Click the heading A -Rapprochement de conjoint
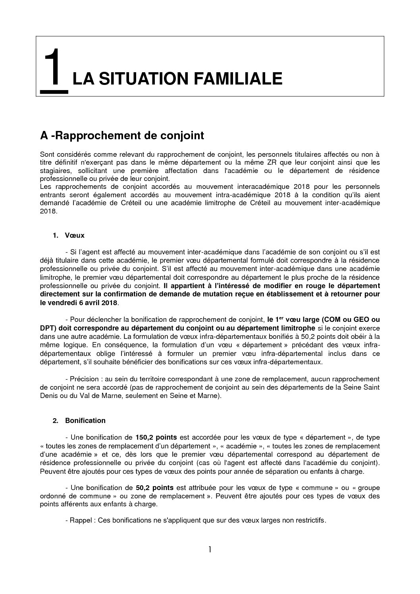point(122,136)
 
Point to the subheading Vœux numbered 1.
point(75,235)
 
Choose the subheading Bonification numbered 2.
point(85,421)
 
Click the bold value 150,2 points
point(156,437)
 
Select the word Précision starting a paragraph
point(83,379)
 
